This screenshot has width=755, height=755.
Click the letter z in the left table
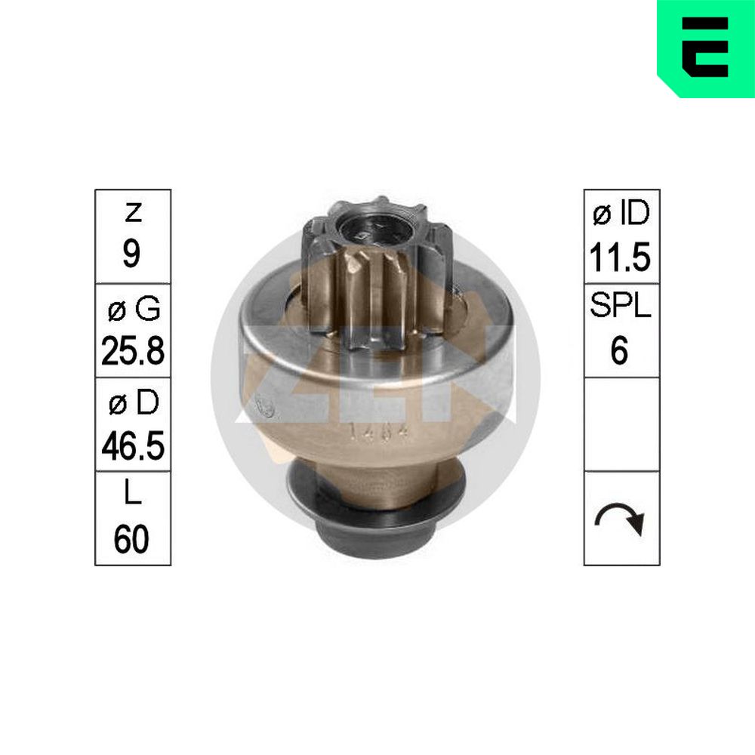[x=133, y=212]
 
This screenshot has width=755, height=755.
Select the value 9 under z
[x=131, y=254]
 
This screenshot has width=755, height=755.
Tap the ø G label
[x=134, y=308]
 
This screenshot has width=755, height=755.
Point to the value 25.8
[x=133, y=350]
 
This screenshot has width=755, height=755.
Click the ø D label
[x=134, y=402]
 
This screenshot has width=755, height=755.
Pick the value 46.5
[x=133, y=445]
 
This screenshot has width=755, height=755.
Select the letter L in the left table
[x=133, y=492]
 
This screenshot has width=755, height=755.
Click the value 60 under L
[x=131, y=539]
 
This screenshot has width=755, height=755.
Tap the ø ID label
[x=621, y=214]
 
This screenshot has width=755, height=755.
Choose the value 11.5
[x=620, y=257]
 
